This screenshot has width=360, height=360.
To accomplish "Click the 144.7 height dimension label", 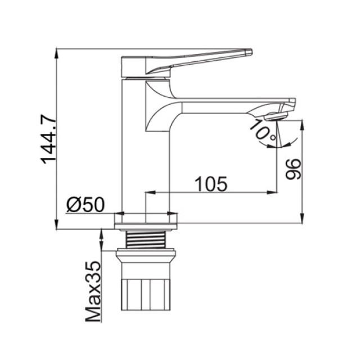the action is [x=48, y=139].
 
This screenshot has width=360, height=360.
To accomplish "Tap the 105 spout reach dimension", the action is [x=211, y=184].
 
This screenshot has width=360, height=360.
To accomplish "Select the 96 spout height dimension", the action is [x=293, y=169].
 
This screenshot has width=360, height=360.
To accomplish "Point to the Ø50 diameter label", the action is [x=85, y=205].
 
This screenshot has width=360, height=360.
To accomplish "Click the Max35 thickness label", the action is [x=93, y=291].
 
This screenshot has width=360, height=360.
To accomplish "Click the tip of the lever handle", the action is [x=252, y=52].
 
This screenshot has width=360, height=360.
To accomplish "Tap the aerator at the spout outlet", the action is [x=276, y=116].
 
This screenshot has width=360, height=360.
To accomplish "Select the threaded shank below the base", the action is [x=146, y=240].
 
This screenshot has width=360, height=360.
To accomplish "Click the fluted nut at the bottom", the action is [x=146, y=295].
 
